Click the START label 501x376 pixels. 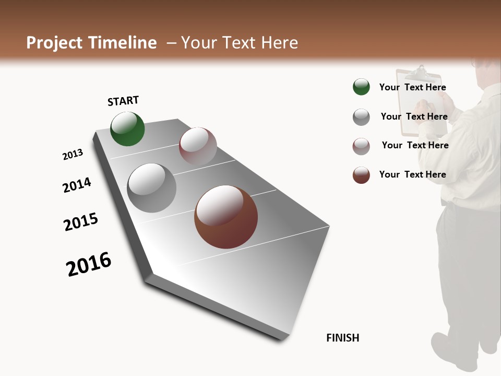coord(123,101)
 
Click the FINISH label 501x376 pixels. coord(342,338)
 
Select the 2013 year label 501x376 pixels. coord(73,155)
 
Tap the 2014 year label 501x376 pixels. coord(77,185)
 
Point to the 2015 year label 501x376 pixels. coord(81,222)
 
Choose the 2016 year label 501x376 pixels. coord(89,264)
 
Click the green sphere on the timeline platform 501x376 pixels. coord(127,129)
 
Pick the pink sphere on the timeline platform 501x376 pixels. coord(198,146)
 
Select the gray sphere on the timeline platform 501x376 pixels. coord(152,188)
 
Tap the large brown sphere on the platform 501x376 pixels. coord(226,217)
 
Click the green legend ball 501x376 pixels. coord(361,87)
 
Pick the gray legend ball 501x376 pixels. coord(361,117)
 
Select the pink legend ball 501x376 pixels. coord(361,146)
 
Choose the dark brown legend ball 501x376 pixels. coord(361,175)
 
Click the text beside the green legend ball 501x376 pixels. coord(412,87)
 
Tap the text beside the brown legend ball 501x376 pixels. coord(412,174)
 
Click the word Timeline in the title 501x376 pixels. coord(123,43)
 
